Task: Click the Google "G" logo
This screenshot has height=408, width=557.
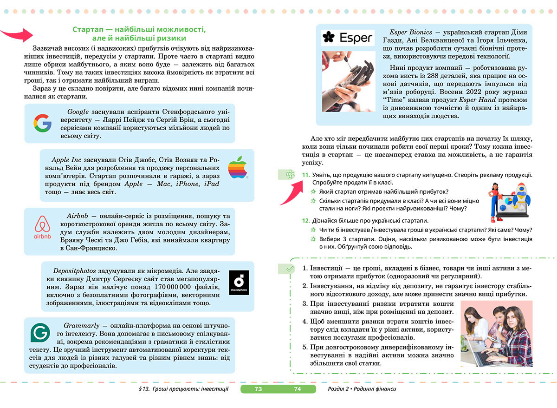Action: (x=42, y=124)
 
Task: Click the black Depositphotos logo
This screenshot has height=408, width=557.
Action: (x=239, y=283)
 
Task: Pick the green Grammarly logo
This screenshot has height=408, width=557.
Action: (x=40, y=333)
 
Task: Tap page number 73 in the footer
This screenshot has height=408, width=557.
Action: (x=259, y=389)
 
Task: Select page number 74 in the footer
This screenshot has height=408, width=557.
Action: (x=298, y=389)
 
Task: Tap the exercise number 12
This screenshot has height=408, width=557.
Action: (x=305, y=220)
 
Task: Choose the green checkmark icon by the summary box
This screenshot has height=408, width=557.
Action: (x=289, y=268)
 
